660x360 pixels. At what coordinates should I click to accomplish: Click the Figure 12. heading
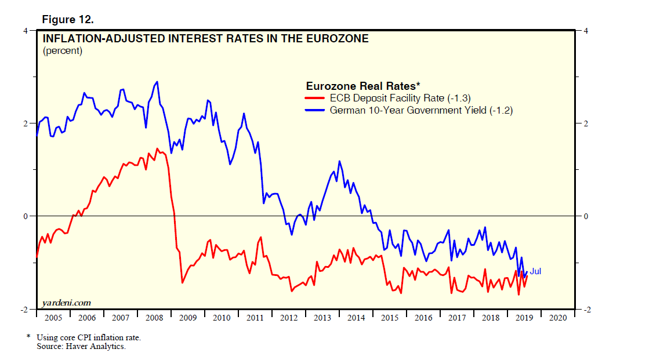(68, 19)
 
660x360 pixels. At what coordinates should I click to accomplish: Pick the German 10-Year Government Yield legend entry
(420, 110)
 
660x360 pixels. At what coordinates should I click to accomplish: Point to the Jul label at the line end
(535, 271)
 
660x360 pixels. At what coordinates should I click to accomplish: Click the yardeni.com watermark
(67, 303)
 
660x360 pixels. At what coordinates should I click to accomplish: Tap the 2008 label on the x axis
(154, 318)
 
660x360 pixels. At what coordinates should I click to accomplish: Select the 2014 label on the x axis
(356, 318)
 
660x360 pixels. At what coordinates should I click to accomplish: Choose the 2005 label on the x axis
(53, 318)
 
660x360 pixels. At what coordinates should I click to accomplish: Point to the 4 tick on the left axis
(26, 30)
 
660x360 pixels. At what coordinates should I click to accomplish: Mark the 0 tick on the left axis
(26, 216)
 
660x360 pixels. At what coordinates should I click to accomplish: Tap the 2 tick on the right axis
(586, 123)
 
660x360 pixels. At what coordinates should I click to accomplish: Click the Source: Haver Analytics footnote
(81, 347)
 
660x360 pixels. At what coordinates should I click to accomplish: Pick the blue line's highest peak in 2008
(157, 82)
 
